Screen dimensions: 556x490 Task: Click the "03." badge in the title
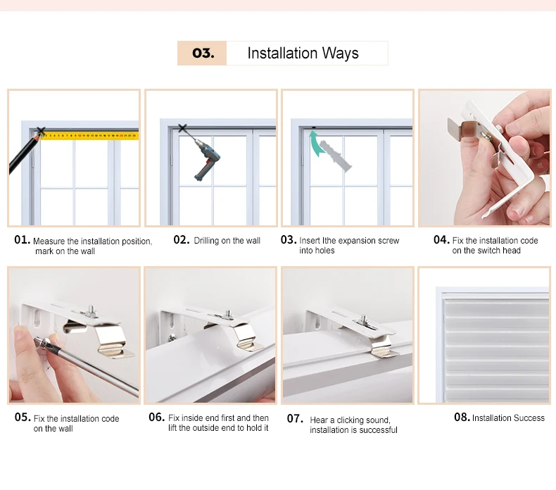click(x=203, y=54)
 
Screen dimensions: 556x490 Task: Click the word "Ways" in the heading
click(x=341, y=54)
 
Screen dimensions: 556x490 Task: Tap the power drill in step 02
click(x=206, y=159)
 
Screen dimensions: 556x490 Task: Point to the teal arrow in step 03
click(x=316, y=144)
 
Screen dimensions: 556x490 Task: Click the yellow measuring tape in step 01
click(x=89, y=136)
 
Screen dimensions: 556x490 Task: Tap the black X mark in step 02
click(x=182, y=128)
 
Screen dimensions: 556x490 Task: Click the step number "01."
click(x=22, y=240)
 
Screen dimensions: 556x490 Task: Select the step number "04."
click(x=441, y=240)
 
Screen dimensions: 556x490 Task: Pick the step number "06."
click(x=157, y=417)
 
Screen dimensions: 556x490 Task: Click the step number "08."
click(x=462, y=417)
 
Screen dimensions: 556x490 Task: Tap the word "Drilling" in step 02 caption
click(x=206, y=241)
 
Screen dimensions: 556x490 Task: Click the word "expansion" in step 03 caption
click(x=355, y=241)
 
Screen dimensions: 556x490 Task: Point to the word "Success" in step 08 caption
click(x=528, y=418)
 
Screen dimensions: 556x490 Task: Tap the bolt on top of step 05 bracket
click(x=91, y=311)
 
